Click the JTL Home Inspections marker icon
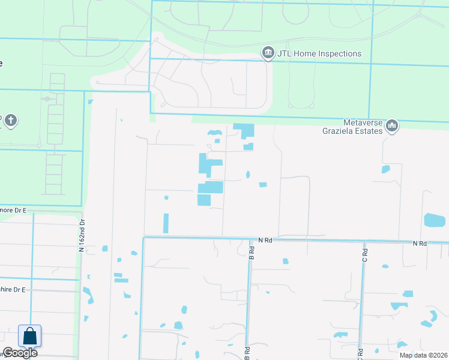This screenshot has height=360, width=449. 268,54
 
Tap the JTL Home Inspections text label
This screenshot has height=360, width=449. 319,54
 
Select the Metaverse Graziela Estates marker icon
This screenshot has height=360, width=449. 392,126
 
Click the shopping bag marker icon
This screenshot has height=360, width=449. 29,336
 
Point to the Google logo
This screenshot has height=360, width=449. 20,353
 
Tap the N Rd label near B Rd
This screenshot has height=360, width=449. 265,240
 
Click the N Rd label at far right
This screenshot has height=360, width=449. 419,244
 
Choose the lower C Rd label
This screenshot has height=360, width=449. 361,354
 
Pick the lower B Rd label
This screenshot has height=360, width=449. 247,352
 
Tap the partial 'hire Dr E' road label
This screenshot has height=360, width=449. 13,290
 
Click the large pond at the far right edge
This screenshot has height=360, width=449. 435,220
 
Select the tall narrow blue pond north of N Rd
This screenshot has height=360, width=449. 166,223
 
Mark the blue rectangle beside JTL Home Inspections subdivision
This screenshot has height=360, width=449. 244,130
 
